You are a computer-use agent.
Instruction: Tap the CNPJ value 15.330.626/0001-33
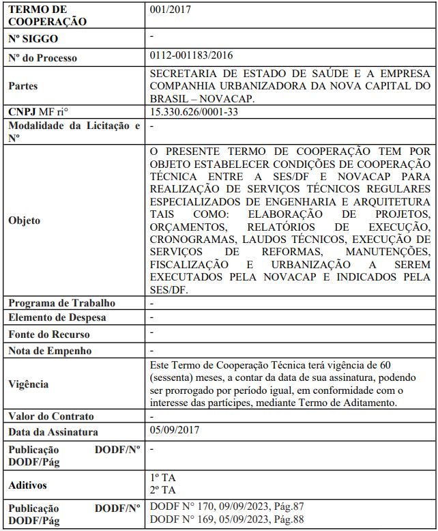click(194, 112)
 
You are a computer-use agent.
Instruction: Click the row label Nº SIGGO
click(33, 38)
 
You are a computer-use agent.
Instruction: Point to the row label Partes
click(23, 86)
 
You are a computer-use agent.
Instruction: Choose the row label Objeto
click(25, 220)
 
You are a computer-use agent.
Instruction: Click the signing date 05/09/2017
click(175, 431)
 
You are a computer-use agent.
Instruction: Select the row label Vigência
click(28, 384)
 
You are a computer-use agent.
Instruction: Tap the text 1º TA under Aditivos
click(162, 478)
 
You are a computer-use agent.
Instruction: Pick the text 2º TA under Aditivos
click(162, 490)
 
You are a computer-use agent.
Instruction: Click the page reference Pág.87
click(290, 506)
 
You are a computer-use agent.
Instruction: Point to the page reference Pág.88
click(290, 519)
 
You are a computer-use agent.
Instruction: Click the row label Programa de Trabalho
click(61, 302)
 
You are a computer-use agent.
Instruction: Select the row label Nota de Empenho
click(50, 351)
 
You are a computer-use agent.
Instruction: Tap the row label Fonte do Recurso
click(48, 334)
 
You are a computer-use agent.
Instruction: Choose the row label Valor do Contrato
click(51, 416)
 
